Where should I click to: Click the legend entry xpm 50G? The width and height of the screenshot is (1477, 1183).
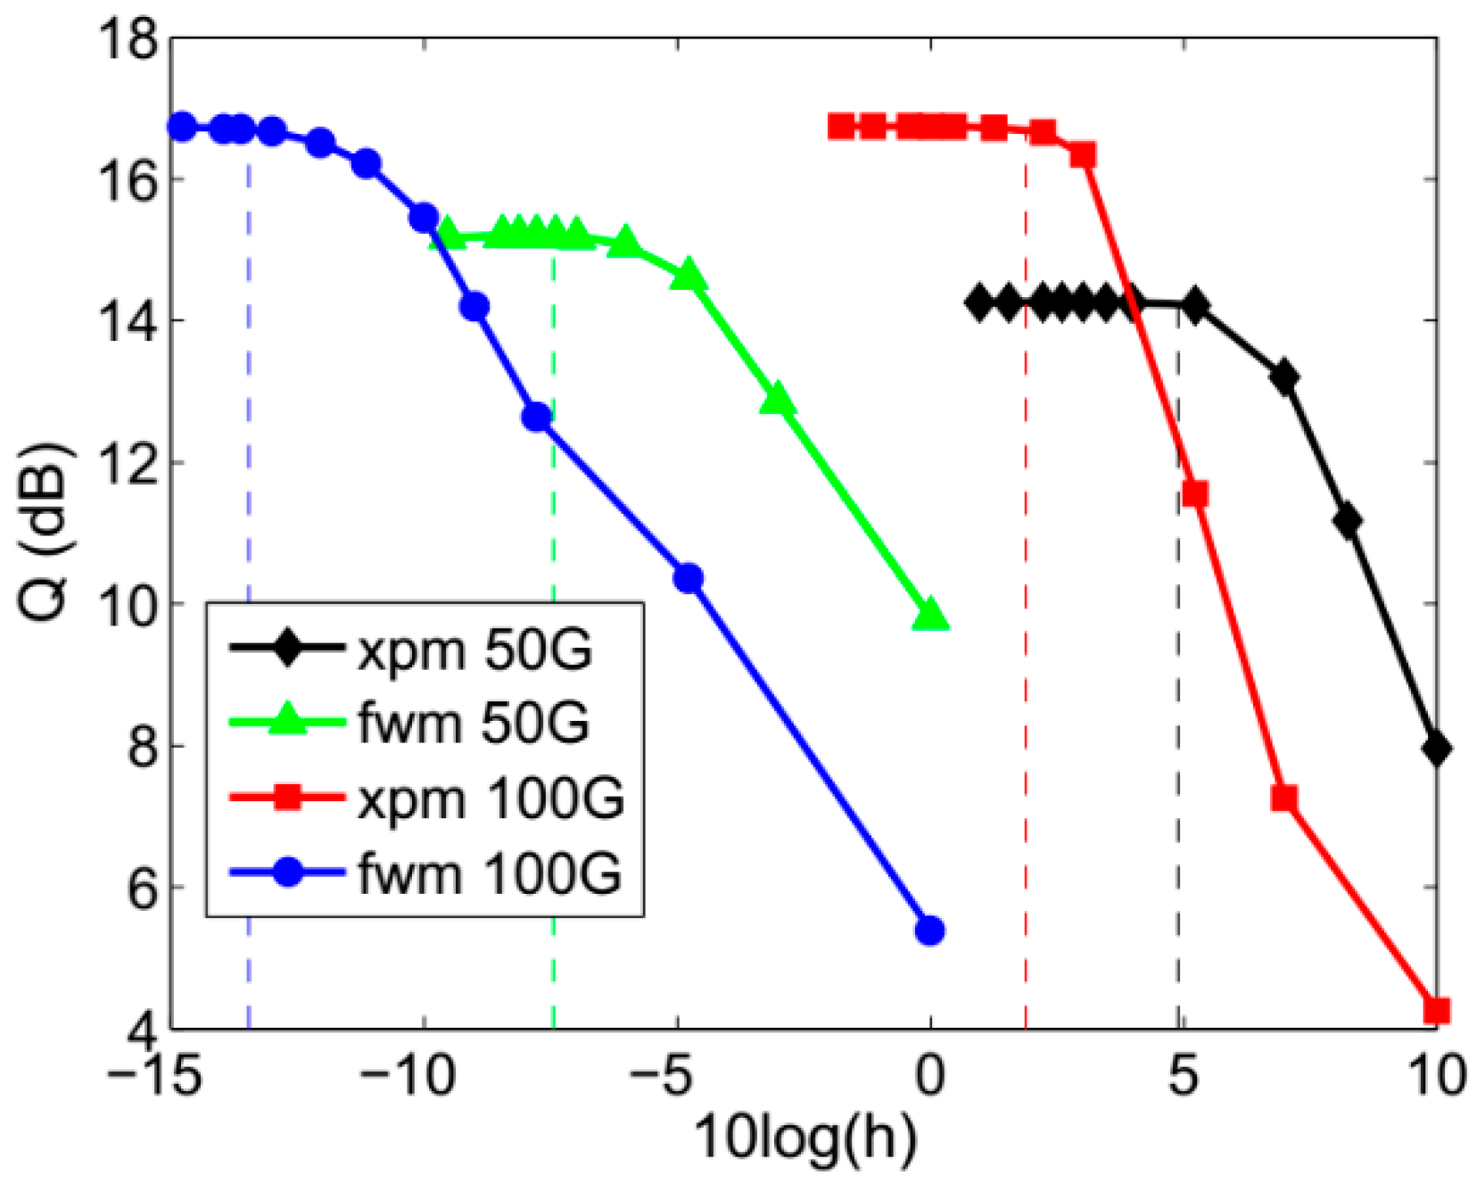pyautogui.click(x=474, y=650)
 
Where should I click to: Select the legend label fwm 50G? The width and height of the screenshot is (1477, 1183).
pyautogui.click(x=474, y=723)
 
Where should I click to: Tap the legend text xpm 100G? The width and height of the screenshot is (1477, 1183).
pyautogui.click(x=491, y=798)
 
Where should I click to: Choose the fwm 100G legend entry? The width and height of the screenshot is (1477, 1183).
pyautogui.click(x=489, y=873)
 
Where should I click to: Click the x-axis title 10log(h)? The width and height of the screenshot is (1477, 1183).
pyautogui.click(x=805, y=1137)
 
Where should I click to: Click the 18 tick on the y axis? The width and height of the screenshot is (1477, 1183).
pyautogui.click(x=129, y=40)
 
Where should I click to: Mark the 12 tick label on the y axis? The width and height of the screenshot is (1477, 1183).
pyautogui.click(x=129, y=463)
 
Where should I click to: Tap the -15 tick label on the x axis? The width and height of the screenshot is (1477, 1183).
pyautogui.click(x=153, y=1075)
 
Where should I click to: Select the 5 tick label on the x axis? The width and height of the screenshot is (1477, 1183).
pyautogui.click(x=1183, y=1075)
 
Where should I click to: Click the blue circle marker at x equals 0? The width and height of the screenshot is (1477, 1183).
pyautogui.click(x=929, y=931)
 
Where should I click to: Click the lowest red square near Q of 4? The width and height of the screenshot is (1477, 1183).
pyautogui.click(x=1436, y=1011)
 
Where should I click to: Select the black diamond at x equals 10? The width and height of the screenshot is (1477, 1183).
pyautogui.click(x=1436, y=749)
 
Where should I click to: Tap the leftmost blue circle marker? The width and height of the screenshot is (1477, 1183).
pyautogui.click(x=182, y=127)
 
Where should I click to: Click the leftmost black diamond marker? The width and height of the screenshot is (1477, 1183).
pyautogui.click(x=980, y=303)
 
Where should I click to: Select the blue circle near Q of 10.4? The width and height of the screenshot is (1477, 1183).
pyautogui.click(x=688, y=578)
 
